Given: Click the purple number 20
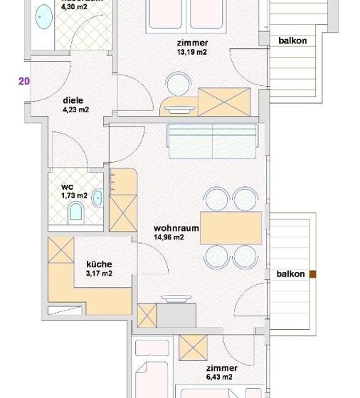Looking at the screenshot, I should point(24,81).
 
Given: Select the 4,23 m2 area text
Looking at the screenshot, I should point(75,109).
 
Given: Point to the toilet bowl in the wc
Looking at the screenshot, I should point(75,212).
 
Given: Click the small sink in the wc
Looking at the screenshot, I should point(97,197).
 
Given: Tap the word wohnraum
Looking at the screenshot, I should point(175,228).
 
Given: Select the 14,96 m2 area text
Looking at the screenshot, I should point(169,237).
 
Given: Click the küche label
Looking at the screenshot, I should point(99,264).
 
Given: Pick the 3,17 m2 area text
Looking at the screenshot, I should point(99,273).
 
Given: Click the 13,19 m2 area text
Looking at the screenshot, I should point(191,51).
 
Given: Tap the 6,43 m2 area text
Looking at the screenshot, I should point(221,377).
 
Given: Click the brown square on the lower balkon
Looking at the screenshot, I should point(312,274).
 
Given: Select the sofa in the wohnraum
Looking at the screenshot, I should point(211,141).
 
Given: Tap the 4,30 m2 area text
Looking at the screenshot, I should point(75,7).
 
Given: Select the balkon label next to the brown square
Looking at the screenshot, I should point(291,274).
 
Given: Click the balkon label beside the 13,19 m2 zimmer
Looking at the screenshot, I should point(292,41).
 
